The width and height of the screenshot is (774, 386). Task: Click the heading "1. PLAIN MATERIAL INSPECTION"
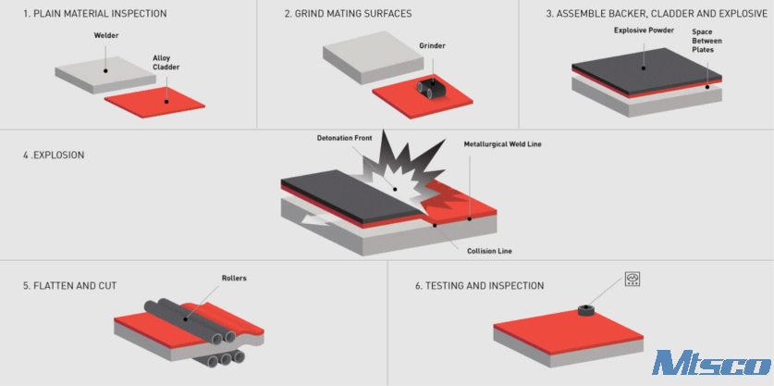pyautogui.click(x=94, y=14)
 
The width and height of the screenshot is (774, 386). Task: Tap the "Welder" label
pyautogui.click(x=106, y=35)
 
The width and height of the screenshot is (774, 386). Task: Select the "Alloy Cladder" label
pyautogui.click(x=166, y=62)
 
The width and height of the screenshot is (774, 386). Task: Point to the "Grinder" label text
pyautogui.click(x=433, y=46)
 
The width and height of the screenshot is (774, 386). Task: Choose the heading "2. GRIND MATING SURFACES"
pyautogui.click(x=348, y=14)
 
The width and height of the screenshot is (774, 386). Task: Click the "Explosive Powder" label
pyautogui.click(x=644, y=31)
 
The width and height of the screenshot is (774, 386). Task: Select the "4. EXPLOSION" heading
pyautogui.click(x=54, y=156)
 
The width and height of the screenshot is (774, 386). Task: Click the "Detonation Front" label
pyautogui.click(x=344, y=138)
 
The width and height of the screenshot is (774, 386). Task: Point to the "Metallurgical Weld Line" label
pyautogui.click(x=503, y=144)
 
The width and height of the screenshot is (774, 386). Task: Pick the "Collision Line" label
pyautogui.click(x=489, y=251)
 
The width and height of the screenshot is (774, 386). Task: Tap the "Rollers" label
pyautogui.click(x=234, y=279)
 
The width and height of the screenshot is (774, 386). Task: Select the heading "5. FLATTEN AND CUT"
pyautogui.click(x=69, y=286)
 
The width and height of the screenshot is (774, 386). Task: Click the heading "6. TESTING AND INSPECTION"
pyautogui.click(x=479, y=286)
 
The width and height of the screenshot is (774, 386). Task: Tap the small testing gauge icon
pyautogui.click(x=632, y=279)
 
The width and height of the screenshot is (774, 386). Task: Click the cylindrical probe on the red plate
pyautogui.click(x=585, y=310)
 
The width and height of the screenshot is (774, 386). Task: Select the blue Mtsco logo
pyautogui.click(x=711, y=363)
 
